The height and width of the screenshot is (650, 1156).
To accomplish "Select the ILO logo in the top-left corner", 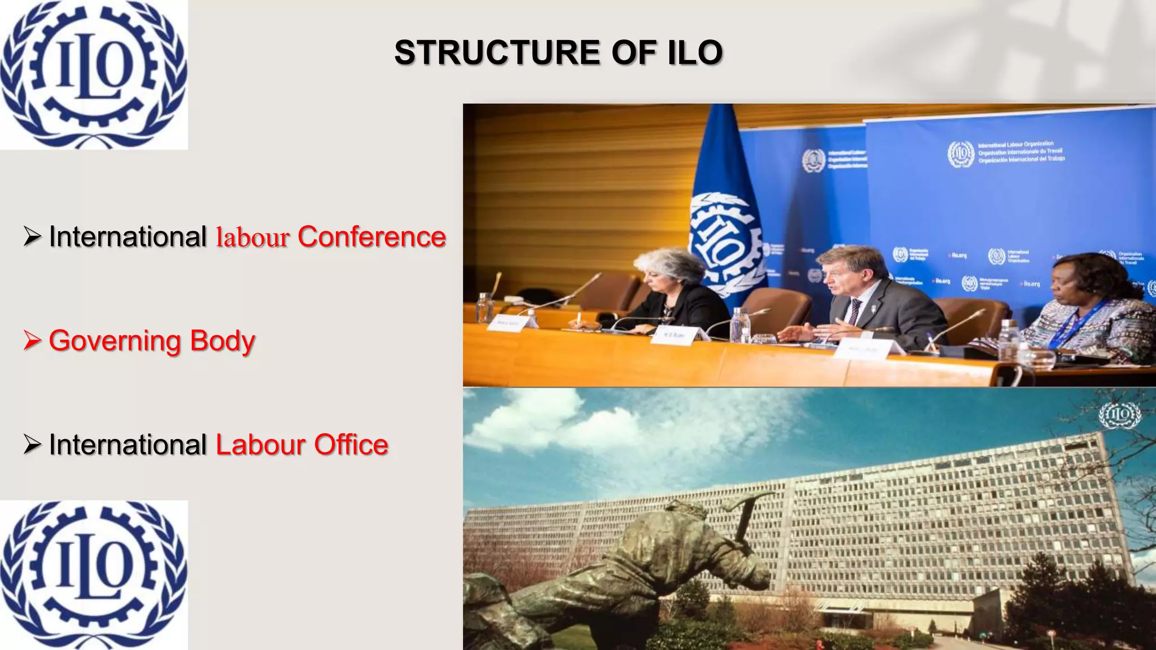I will click(94, 74).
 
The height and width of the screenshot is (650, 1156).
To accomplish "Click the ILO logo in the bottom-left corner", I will click(94, 574).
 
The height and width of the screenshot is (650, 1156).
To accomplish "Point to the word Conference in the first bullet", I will click(371, 236).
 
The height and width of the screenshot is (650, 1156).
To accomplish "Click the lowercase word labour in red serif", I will click(252, 238).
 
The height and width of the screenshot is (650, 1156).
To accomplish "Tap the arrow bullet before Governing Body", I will click(32, 341).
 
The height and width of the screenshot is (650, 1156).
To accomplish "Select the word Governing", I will click(115, 341).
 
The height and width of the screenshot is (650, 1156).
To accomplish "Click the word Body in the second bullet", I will click(222, 341).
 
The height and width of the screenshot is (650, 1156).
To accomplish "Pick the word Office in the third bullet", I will click(351, 445).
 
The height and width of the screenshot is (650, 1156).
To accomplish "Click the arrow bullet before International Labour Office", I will click(32, 445).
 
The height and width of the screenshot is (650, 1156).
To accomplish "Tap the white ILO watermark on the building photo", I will click(1119, 416).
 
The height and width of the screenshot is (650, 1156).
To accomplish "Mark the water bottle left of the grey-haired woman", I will click(484, 308).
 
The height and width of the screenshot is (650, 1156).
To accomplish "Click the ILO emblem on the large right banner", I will click(961, 153).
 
